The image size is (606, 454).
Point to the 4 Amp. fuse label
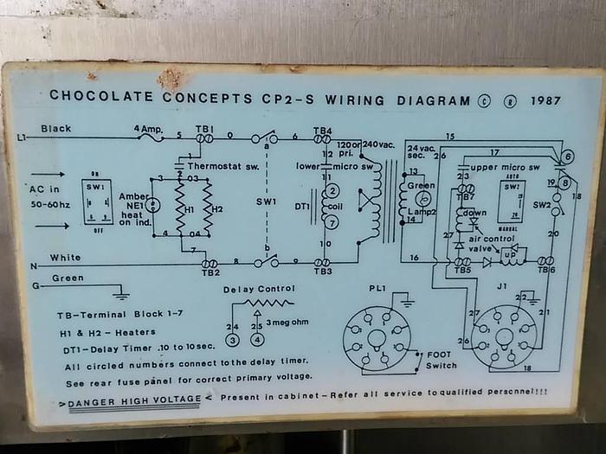click(x=147, y=129)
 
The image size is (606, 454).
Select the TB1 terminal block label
click(x=204, y=129)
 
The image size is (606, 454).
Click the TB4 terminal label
click(x=322, y=131)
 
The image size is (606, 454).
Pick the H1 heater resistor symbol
click(x=181, y=208)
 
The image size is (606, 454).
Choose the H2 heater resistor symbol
click(x=208, y=208)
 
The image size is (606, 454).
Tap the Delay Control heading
click(x=259, y=289)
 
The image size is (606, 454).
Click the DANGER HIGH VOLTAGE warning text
click(x=136, y=402)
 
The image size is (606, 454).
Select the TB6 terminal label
click(x=545, y=270)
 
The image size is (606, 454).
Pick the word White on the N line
click(x=65, y=258)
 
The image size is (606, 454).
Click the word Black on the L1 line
click(x=55, y=128)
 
